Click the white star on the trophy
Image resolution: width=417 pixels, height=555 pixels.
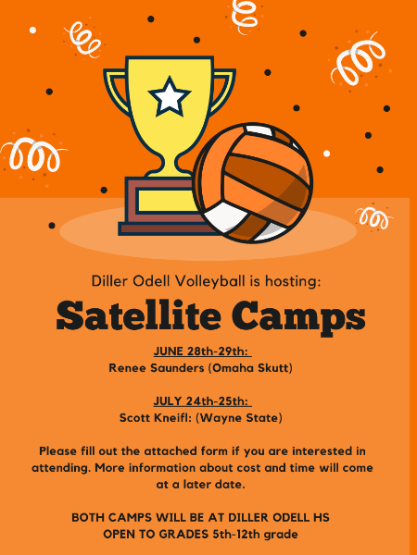coord(170,96)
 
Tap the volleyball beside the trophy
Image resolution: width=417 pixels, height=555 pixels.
coord(252,183)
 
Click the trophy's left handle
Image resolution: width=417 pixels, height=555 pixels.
coord(116,92)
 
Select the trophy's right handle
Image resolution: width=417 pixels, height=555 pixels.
coord(223,92)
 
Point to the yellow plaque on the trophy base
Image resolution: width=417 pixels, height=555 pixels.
coord(166,201)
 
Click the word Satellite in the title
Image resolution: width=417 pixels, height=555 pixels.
coord(139,314)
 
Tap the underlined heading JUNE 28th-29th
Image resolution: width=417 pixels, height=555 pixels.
coord(202,351)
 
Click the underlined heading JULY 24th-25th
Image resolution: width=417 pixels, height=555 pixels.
coord(202,401)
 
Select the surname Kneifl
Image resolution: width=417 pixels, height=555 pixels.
coord(171,418)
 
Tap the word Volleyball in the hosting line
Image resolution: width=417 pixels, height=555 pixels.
coord(210,281)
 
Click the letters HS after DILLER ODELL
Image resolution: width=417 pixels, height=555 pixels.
coord(321,517)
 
